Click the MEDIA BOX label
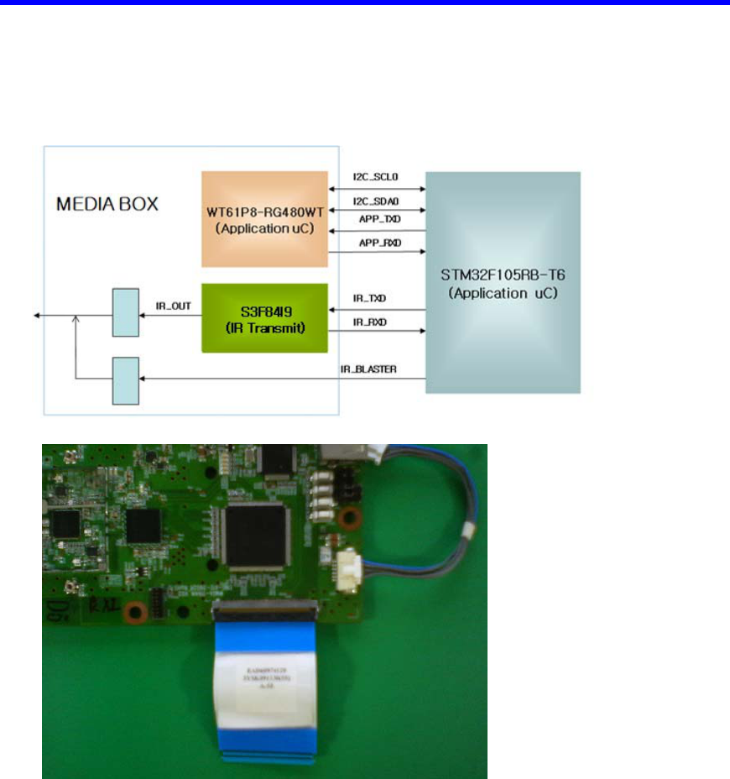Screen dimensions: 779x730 tap(106, 204)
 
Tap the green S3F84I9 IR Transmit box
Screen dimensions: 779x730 tap(264, 318)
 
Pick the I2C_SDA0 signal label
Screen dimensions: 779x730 tap(377, 201)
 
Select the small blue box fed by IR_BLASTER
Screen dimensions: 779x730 tap(126, 379)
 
